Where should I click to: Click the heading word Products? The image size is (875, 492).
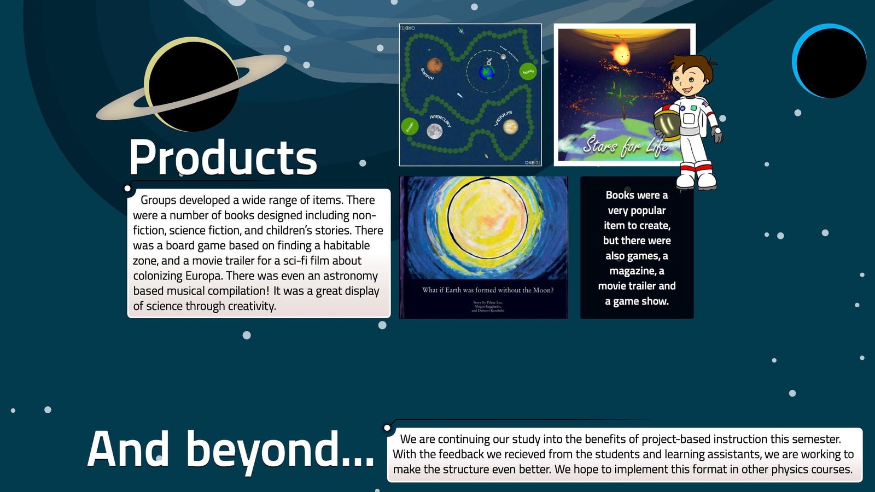coord(223,157)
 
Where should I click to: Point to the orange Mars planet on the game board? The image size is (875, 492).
coord(435,66)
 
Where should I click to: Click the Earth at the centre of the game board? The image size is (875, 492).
coord(486,72)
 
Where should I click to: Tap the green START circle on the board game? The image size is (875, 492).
coord(409,126)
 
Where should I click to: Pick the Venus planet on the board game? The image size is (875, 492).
coord(511,127)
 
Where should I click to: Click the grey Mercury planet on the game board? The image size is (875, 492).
coord(434,131)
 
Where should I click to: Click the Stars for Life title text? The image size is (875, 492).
coord(625,145)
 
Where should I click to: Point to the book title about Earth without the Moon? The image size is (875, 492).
coord(487,290)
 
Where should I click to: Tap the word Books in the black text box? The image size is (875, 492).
coord(620,195)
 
